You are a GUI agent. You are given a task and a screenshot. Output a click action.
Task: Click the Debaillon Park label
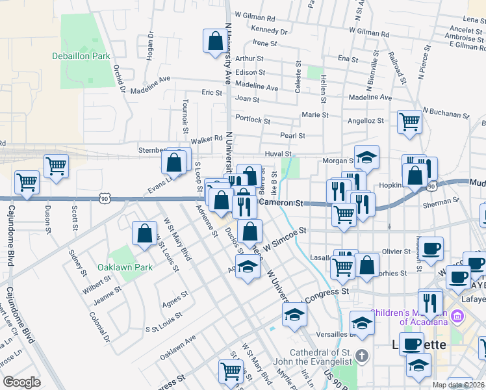pos(81,57)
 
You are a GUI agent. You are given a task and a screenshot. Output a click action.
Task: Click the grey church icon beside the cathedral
pos(362,356)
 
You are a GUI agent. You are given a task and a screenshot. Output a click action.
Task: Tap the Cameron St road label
pos(282,203)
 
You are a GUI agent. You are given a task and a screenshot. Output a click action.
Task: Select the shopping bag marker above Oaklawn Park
pos(145,234)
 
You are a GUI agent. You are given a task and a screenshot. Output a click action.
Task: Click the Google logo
pos(21,382)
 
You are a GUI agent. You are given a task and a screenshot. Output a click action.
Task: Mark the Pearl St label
pos(292,135)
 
